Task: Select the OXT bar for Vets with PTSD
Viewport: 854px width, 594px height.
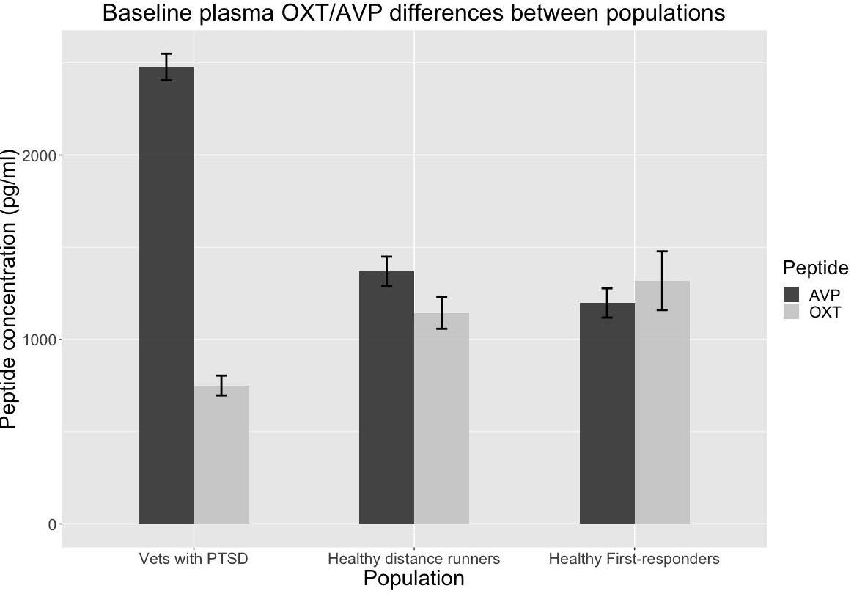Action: click(221, 455)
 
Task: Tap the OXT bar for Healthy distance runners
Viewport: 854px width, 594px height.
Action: click(441, 418)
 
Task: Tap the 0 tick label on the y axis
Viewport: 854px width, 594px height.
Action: click(51, 524)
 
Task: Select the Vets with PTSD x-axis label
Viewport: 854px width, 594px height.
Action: click(194, 559)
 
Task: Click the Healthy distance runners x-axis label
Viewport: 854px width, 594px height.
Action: click(414, 559)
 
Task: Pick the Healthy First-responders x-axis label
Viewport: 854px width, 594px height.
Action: click(634, 559)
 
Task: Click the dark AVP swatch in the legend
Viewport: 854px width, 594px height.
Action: click(792, 295)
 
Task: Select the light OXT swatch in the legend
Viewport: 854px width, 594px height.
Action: click(792, 312)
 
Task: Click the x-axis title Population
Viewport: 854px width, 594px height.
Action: click(414, 579)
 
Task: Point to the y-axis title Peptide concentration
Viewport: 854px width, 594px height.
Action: click(9, 289)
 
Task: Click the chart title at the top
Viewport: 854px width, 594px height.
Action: click(413, 13)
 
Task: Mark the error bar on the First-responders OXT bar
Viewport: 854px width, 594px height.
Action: click(662, 281)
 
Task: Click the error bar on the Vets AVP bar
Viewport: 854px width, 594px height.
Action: click(166, 67)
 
